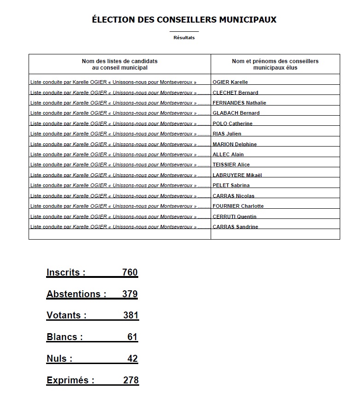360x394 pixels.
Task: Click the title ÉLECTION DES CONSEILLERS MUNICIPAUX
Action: (x=184, y=20)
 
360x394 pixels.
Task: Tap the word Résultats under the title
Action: (x=184, y=38)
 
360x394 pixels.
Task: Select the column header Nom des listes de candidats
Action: (x=119, y=61)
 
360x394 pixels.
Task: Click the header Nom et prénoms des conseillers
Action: (x=275, y=61)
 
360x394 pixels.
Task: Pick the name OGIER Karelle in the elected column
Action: (x=230, y=82)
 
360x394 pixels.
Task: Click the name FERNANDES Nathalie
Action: (x=239, y=103)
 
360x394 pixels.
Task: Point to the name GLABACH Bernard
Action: (x=236, y=113)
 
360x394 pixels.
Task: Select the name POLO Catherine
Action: (x=232, y=123)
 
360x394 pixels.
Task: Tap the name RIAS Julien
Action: (x=227, y=134)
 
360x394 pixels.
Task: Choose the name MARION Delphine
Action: (x=235, y=144)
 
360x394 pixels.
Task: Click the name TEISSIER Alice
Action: (x=231, y=165)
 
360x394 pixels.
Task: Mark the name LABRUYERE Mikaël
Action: (x=237, y=175)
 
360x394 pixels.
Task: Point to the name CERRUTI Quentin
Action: (x=235, y=217)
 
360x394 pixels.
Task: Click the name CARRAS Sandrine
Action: (x=235, y=227)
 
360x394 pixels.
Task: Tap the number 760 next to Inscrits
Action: (x=130, y=272)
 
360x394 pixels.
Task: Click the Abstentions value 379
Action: (x=130, y=294)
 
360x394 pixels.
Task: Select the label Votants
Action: (x=66, y=316)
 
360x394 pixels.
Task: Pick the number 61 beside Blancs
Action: (x=132, y=337)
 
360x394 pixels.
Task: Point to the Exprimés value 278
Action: (x=130, y=380)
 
